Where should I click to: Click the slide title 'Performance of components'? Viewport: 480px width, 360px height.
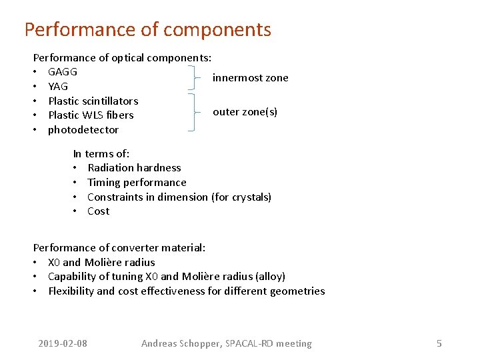pyautogui.click(x=147, y=30)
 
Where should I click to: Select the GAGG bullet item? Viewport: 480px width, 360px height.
pyautogui.click(x=63, y=72)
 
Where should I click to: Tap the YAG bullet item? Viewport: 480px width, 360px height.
pyautogui.click(x=58, y=87)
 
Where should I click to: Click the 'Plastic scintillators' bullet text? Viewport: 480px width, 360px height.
pyautogui.click(x=93, y=101)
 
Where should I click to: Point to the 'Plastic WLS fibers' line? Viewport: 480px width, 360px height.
pyautogui.click(x=91, y=115)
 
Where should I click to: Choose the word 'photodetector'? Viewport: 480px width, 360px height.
pyautogui.click(x=83, y=130)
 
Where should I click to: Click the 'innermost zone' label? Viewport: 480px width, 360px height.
pyautogui.click(x=250, y=78)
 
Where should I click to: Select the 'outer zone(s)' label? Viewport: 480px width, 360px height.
pyautogui.click(x=245, y=112)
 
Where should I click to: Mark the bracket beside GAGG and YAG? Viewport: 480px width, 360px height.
pyautogui.click(x=194, y=79)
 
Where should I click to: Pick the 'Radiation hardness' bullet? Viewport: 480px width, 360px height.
pyautogui.click(x=134, y=168)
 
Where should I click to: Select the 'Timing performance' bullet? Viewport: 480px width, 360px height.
pyautogui.click(x=137, y=183)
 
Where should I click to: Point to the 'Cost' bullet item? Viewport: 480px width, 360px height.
pyautogui.click(x=98, y=211)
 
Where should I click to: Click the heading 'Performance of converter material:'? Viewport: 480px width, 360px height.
pyautogui.click(x=119, y=248)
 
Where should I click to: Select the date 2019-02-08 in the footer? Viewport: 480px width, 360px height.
pyautogui.click(x=63, y=344)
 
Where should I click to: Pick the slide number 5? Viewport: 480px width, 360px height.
pyautogui.click(x=439, y=344)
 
